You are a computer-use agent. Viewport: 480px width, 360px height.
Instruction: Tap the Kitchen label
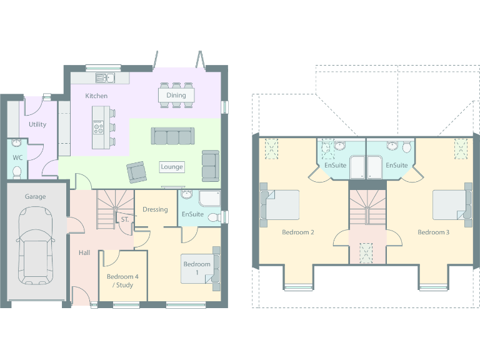click(x=96, y=96)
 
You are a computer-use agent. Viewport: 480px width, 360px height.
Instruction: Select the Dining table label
click(x=176, y=96)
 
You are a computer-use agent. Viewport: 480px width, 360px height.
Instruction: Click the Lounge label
click(x=172, y=167)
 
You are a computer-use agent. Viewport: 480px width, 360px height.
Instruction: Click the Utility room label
click(x=37, y=124)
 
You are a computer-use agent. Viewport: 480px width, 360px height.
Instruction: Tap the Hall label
click(x=84, y=253)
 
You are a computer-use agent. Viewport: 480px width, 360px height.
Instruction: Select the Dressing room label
click(x=155, y=209)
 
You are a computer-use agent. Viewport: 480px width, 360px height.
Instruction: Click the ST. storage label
click(x=125, y=220)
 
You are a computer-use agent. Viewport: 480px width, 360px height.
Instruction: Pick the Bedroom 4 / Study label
click(x=122, y=281)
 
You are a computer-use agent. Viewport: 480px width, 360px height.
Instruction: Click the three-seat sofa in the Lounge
click(x=172, y=136)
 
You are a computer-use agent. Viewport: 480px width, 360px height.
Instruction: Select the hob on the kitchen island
click(x=98, y=127)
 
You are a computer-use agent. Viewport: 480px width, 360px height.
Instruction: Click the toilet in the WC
click(x=17, y=170)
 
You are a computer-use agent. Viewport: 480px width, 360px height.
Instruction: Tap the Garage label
click(x=35, y=197)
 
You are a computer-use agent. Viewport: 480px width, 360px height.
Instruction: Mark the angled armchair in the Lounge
click(x=136, y=171)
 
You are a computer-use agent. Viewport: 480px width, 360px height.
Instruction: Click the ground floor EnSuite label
click(x=192, y=214)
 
